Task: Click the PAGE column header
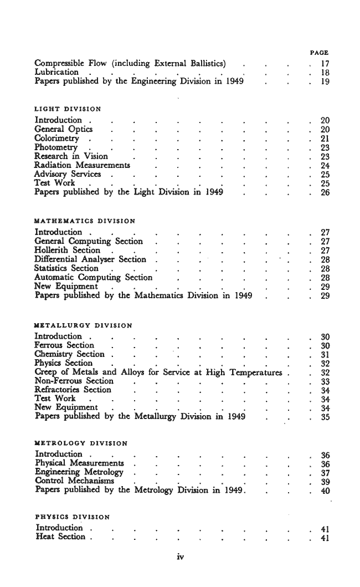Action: tap(319, 53)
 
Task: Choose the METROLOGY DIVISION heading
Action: tap(81, 443)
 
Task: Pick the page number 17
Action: tap(325, 63)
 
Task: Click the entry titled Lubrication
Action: tap(56, 72)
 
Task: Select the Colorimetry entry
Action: tap(56, 138)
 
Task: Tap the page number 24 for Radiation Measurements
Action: tap(325, 165)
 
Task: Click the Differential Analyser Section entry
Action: tap(90, 259)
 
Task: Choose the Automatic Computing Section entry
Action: tap(93, 277)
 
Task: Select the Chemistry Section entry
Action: tap(69, 354)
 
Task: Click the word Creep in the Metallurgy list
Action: tap(46, 372)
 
